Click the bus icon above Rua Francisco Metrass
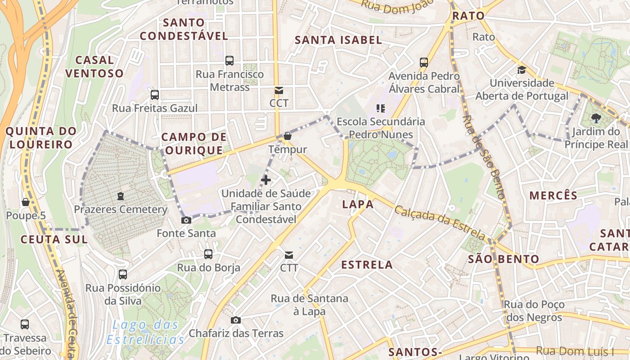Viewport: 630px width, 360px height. pyautogui.click(x=229, y=60)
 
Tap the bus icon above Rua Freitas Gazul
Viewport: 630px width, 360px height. pyautogui.click(x=155, y=94)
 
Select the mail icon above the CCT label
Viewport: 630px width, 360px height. pyautogui.click(x=279, y=90)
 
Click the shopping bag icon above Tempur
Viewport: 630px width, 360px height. pyautogui.click(x=288, y=136)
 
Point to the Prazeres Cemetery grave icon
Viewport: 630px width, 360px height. pyautogui.click(x=121, y=196)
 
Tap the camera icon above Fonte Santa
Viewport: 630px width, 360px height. pyautogui.click(x=186, y=220)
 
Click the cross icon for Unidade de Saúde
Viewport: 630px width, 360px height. pyautogui.click(x=266, y=180)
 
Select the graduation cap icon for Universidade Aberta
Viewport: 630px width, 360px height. pyautogui.click(x=522, y=70)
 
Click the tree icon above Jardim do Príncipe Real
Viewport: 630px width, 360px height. pyautogui.click(x=596, y=118)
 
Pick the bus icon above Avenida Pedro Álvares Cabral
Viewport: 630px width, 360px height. pyautogui.click(x=424, y=62)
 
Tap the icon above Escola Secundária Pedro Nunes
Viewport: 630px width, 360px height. pyautogui.click(x=381, y=108)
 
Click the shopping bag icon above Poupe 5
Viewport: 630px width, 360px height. pyautogui.click(x=26, y=202)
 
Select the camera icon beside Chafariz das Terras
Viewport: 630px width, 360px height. pyautogui.click(x=235, y=320)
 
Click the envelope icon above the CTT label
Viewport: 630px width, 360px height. pyautogui.click(x=289, y=255)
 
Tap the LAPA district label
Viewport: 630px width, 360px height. pyautogui.click(x=358, y=204)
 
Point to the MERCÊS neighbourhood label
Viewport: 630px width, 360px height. pyautogui.click(x=553, y=195)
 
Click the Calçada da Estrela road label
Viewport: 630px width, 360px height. pyautogui.click(x=440, y=223)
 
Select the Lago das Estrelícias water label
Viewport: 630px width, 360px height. pyautogui.click(x=146, y=332)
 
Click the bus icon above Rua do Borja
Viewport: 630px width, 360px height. pyautogui.click(x=208, y=254)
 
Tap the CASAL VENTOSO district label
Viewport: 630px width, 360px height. pyautogui.click(x=94, y=67)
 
